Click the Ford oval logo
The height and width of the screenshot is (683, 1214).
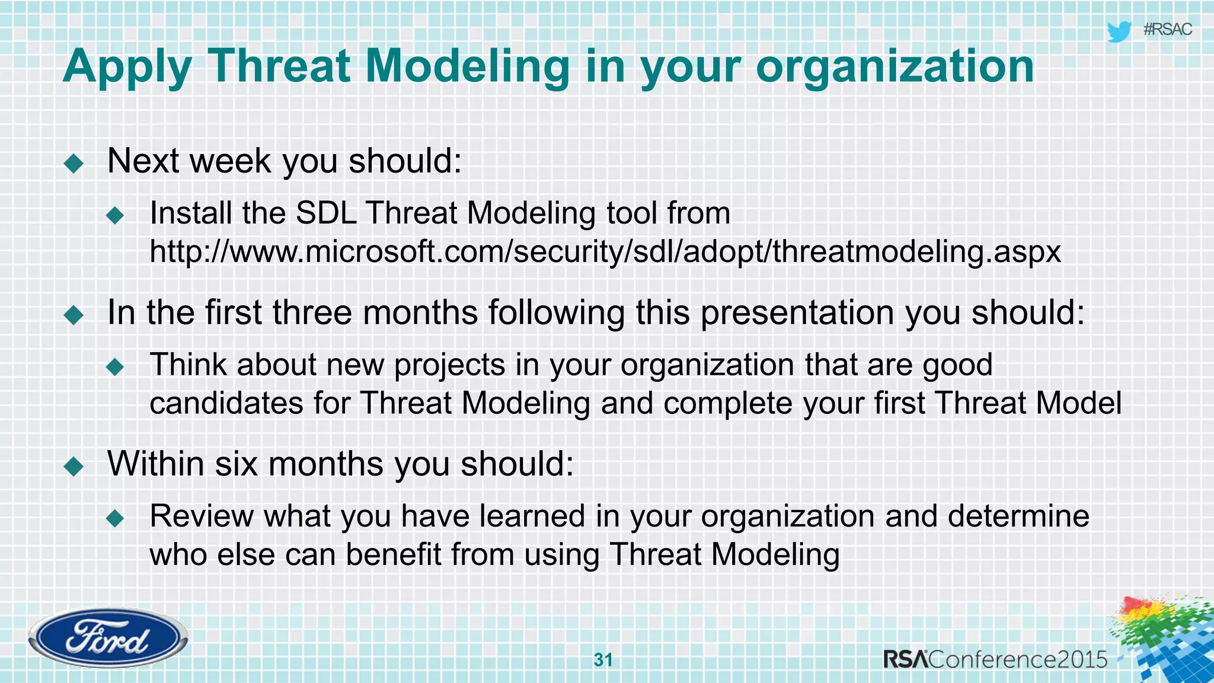click(x=108, y=638)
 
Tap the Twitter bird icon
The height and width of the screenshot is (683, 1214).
click(x=1119, y=31)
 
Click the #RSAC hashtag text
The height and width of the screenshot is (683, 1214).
click(x=1167, y=30)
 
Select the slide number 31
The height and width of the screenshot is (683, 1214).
click(x=603, y=660)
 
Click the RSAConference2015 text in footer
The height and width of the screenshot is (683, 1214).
click(x=995, y=659)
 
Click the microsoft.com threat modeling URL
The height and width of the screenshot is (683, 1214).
click(x=605, y=251)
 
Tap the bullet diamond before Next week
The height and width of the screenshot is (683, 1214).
click(x=74, y=163)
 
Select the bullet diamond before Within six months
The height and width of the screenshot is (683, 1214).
click(x=74, y=466)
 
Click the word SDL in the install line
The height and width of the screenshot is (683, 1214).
click(x=326, y=213)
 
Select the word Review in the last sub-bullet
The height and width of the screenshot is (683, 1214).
click(x=202, y=516)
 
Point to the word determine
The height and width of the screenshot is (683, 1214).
click(x=1018, y=516)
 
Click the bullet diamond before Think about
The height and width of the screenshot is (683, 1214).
click(x=115, y=367)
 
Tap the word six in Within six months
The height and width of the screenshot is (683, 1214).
click(x=236, y=464)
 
